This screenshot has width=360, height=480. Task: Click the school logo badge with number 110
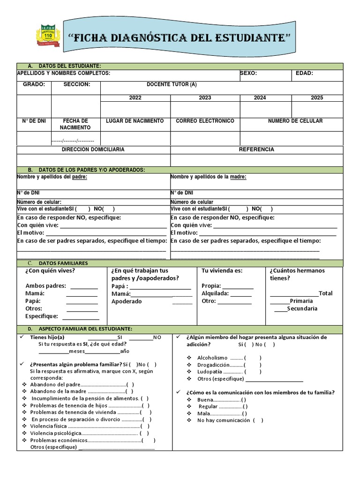[x=48, y=35]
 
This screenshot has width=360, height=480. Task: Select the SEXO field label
[x=248, y=74]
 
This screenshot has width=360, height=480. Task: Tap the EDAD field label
[x=304, y=74]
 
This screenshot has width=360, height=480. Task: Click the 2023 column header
[x=205, y=98]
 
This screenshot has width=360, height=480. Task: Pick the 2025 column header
[x=317, y=98]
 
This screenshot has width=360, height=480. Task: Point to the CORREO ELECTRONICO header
[x=205, y=121]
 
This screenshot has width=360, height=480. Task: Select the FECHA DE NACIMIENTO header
[x=75, y=124]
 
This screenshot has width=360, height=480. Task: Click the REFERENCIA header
[x=256, y=150]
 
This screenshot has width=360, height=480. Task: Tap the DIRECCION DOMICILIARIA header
[x=93, y=150]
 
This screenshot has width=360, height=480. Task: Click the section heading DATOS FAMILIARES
[x=63, y=263]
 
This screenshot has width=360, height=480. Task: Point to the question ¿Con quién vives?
[x=50, y=271]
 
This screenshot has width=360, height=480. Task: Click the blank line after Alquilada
[x=241, y=294]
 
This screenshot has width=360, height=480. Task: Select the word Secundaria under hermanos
[x=302, y=308]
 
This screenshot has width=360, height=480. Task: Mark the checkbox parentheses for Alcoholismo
[x=253, y=358]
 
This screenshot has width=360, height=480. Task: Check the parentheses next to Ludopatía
[x=253, y=372]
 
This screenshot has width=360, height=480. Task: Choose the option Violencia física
[x=49, y=426]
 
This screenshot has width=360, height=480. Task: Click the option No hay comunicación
[x=224, y=420]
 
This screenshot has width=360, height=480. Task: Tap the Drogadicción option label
[x=213, y=365]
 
